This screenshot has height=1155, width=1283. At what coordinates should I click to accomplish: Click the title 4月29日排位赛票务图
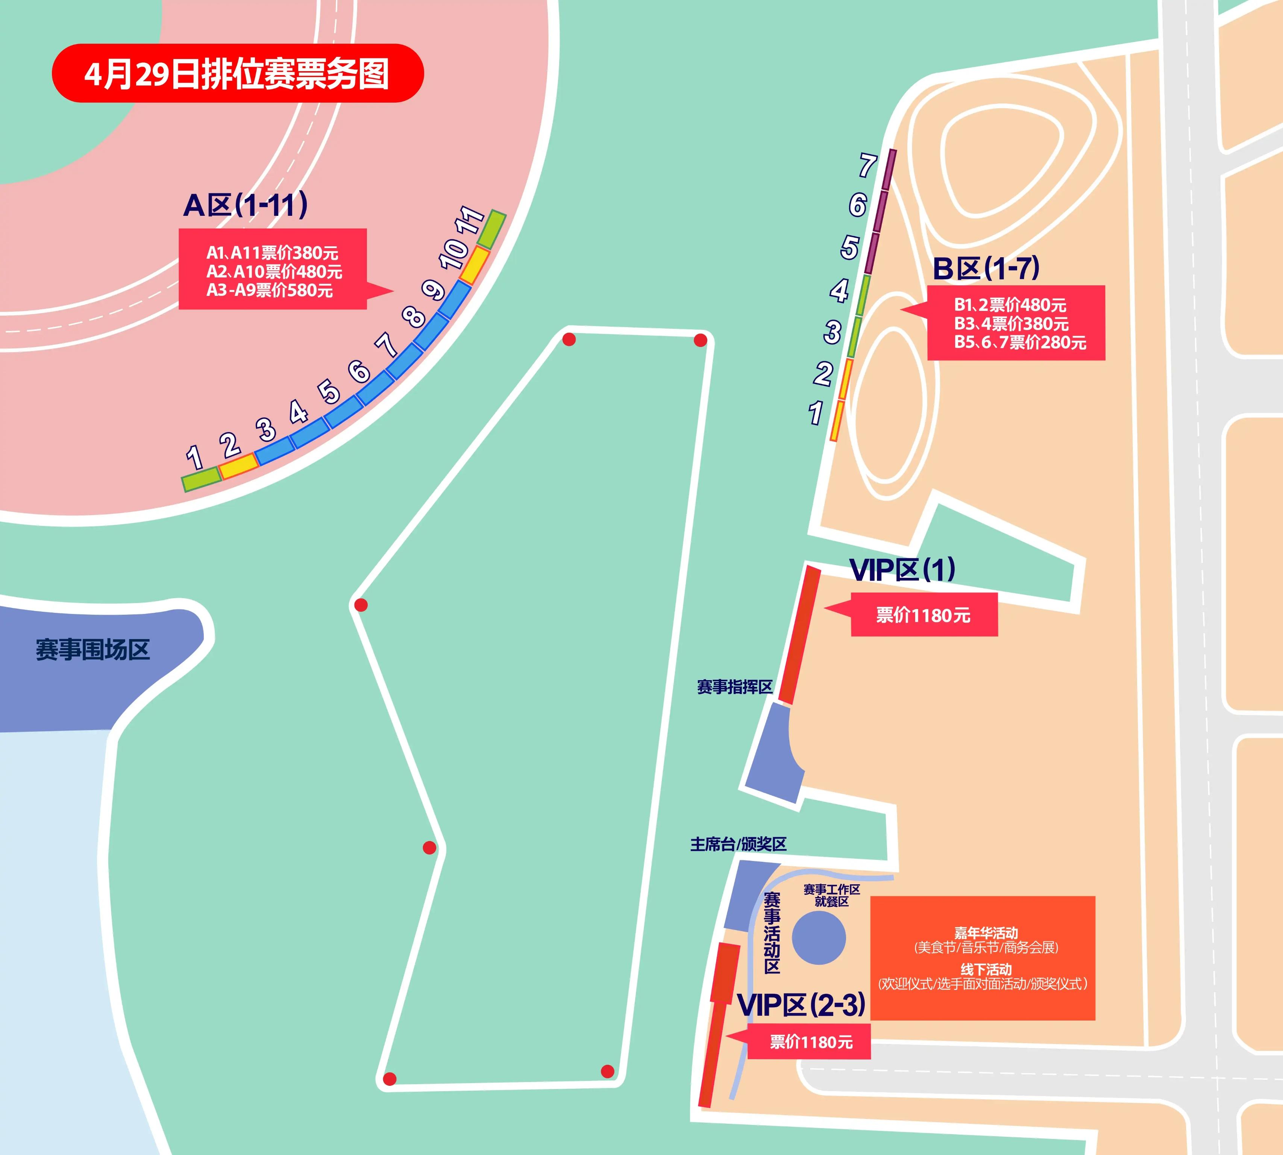coord(237,74)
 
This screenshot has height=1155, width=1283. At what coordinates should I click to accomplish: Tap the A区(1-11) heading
coord(246,205)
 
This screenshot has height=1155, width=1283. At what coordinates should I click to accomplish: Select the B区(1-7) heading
coord(986,268)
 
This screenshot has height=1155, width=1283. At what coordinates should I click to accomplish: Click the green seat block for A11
coord(491,230)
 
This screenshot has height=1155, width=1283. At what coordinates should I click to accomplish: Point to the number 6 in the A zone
coord(359,371)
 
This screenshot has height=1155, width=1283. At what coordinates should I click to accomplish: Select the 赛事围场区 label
coord(93,650)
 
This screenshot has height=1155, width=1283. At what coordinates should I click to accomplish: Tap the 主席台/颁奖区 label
coord(738,844)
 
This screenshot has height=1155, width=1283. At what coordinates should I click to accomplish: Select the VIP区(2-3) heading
coord(801,1005)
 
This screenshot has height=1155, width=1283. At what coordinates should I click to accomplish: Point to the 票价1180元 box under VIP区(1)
coord(924,615)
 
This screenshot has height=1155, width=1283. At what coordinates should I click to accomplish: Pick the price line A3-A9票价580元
coord(270,291)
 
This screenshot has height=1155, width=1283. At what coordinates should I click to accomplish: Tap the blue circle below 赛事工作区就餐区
coord(819,938)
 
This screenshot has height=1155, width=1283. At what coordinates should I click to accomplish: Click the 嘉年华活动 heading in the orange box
coord(986,933)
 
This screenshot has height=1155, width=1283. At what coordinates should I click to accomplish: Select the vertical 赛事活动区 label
coord(772,932)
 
